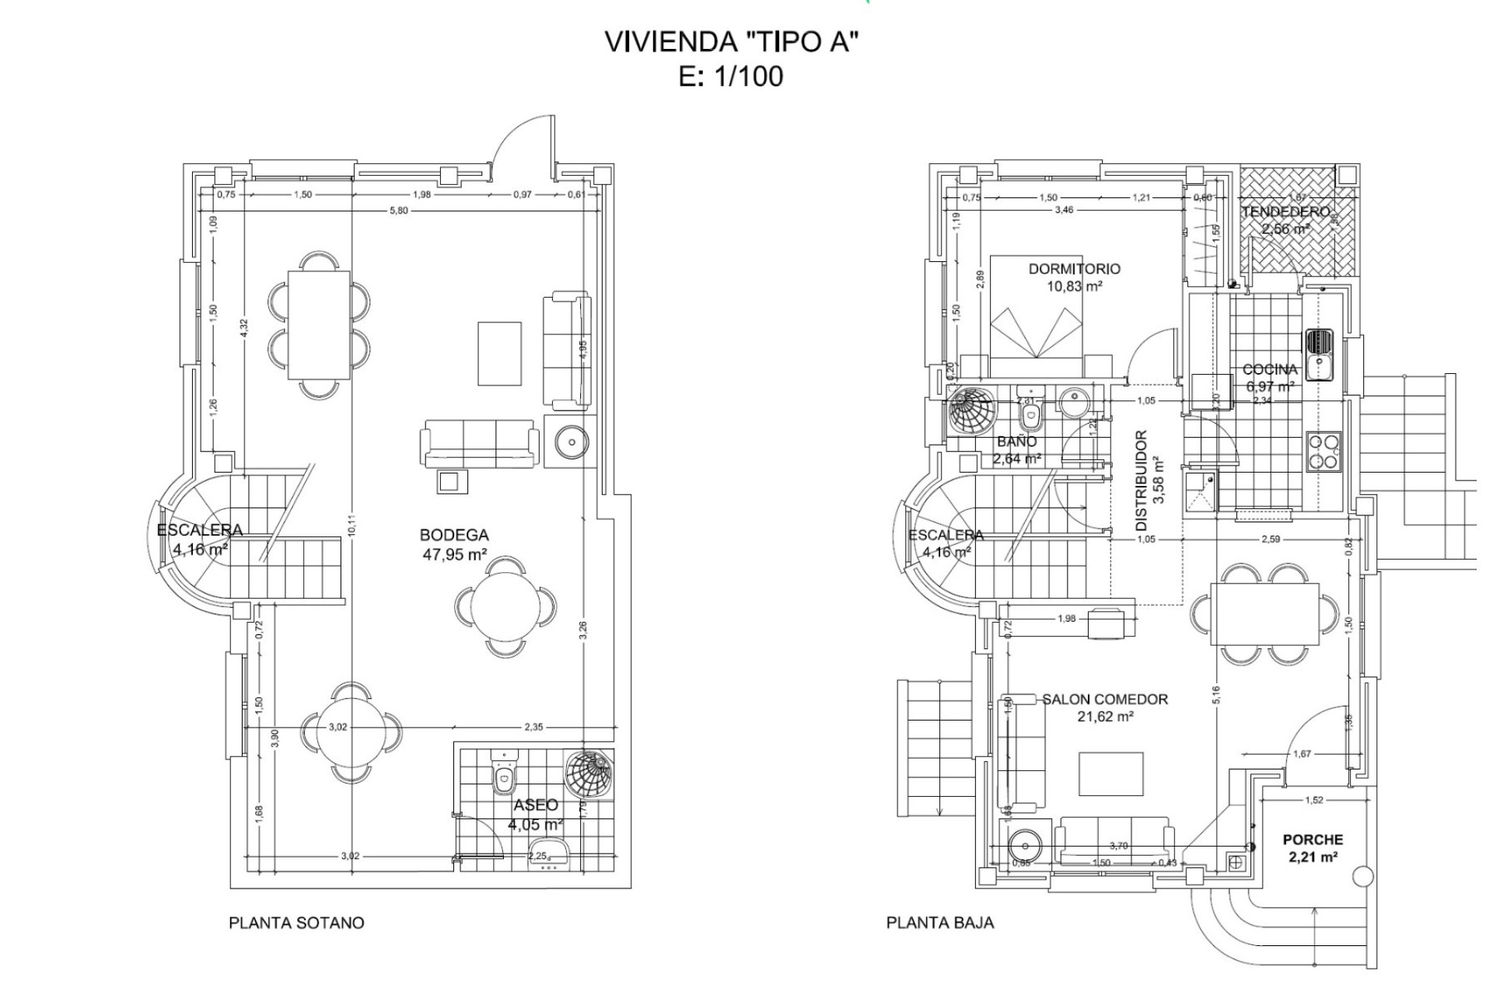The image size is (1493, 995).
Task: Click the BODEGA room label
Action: point(454,535)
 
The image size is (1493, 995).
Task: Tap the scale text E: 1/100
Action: point(730,76)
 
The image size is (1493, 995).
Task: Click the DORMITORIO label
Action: point(1074,269)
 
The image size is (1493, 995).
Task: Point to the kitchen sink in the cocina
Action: point(1319,354)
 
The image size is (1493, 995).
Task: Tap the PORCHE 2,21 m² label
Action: point(1313,848)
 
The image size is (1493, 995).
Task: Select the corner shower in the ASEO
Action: point(589,774)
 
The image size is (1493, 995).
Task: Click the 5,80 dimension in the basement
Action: point(399,211)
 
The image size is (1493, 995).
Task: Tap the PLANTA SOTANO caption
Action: point(296,923)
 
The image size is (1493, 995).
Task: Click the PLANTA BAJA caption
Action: point(939,923)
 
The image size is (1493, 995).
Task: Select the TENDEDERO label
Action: point(1285,212)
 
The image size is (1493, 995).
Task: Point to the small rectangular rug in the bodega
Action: point(499,354)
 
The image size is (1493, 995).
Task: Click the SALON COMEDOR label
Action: point(1105,700)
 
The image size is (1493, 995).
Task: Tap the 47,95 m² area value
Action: point(454,554)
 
